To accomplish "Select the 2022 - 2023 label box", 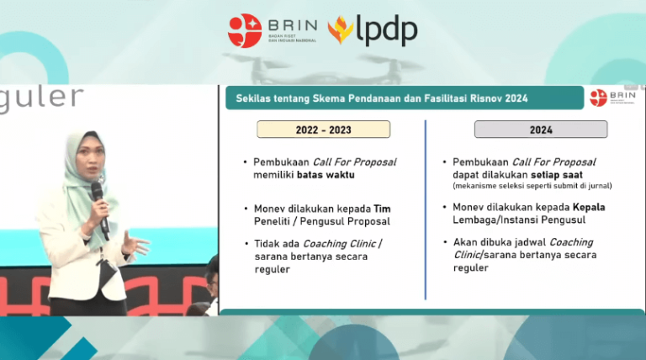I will coord(323,130).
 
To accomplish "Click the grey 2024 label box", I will coord(540,130).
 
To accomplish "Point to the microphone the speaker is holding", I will coord(98,202).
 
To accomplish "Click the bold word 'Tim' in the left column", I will coord(381,208).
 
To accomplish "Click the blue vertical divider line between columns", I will coord(425,210).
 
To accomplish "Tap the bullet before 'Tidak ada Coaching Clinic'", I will coord(246,243).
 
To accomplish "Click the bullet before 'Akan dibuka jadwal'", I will coord(444,241).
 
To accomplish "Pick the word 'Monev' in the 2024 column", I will coord(469,207).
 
